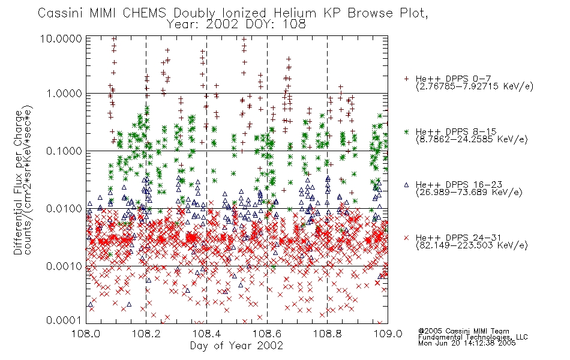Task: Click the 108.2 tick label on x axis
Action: pos(146,334)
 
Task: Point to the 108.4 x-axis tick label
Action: pos(206,334)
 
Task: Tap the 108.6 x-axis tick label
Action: pos(267,334)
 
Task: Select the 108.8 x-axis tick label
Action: pos(327,334)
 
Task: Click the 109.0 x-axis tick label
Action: pos(388,334)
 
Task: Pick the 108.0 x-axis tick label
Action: pos(86,334)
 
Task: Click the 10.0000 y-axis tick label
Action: pos(61,38)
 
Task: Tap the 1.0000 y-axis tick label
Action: pos(64,94)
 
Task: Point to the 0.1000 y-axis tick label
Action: pos(64,151)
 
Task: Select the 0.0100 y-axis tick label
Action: pos(64,209)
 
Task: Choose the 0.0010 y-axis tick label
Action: pos(64,266)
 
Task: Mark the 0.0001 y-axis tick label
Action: pos(64,320)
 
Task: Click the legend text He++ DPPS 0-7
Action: pos(453,79)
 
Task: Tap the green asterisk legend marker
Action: pos(406,131)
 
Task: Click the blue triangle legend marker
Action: pos(406,185)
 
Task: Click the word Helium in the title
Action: pos(295,13)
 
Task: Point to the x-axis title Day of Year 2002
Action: pos(236,346)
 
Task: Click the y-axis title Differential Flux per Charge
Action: pos(18,182)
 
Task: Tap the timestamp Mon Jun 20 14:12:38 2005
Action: pos(467,343)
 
